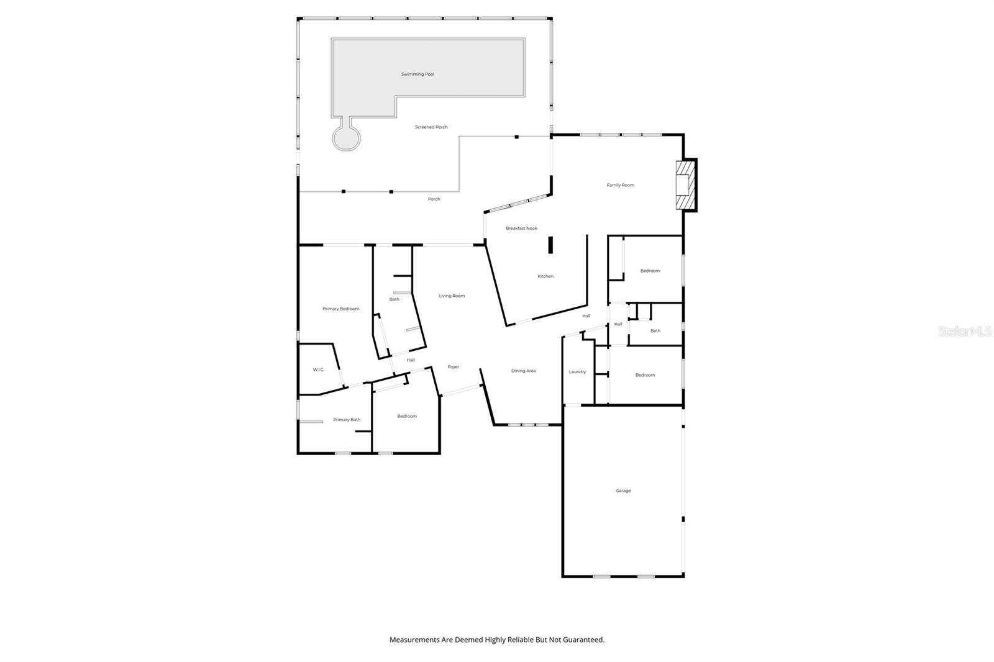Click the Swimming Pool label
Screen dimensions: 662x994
417,75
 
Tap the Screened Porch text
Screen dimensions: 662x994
431,127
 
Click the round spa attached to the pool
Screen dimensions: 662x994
346,138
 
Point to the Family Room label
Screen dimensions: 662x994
620,185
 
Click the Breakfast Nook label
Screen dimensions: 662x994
521,229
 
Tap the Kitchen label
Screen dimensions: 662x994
545,276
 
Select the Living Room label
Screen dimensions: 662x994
452,296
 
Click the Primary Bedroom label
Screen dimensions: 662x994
340,309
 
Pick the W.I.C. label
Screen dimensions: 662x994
318,370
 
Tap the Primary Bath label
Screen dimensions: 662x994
347,420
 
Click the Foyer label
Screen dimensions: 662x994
454,367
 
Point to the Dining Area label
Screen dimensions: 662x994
523,371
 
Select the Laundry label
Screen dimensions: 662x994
577,372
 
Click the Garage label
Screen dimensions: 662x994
623,491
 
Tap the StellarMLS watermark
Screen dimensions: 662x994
964,332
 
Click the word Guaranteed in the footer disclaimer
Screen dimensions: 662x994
584,640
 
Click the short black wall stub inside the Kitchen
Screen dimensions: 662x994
550,245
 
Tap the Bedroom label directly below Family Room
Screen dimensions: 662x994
650,271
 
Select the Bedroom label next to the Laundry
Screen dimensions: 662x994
645,376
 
